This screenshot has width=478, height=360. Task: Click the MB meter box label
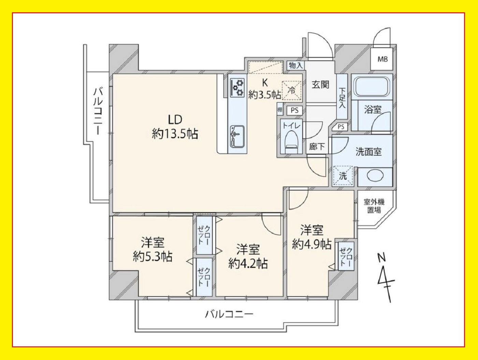click(382, 59)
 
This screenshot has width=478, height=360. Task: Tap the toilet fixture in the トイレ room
click(291, 141)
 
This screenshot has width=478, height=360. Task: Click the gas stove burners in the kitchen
click(237, 88)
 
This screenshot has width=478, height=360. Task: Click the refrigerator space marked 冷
click(291, 91)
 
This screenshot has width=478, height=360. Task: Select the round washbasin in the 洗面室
click(375, 175)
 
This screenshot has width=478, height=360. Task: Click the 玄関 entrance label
click(320, 85)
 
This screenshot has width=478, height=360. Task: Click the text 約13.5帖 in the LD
click(175, 134)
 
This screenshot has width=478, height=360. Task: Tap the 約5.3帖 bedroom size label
click(153, 257)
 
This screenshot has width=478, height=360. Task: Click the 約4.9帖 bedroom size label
click(312, 244)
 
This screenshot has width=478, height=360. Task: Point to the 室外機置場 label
click(374, 206)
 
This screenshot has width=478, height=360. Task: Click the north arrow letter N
click(381, 258)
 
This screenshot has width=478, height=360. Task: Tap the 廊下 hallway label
click(317, 147)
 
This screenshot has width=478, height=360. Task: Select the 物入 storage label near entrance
click(296, 65)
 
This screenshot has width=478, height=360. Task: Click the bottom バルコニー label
click(229, 314)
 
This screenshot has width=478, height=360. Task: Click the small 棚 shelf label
click(280, 110)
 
